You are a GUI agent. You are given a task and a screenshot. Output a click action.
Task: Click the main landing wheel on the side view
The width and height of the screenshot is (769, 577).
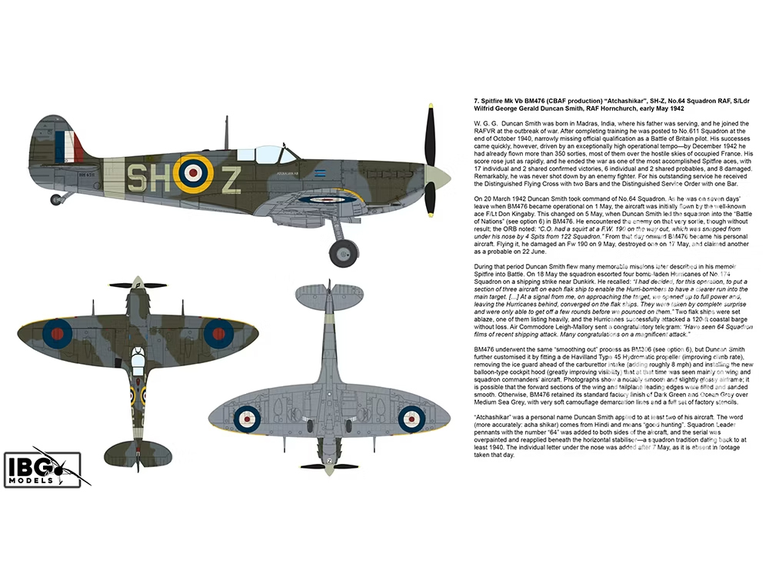click(x=343, y=252)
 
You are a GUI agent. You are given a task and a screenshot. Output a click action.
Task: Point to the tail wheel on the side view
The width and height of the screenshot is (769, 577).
click(x=56, y=199)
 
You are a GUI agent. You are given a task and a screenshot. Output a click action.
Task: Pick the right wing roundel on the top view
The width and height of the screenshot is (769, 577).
click(x=218, y=332)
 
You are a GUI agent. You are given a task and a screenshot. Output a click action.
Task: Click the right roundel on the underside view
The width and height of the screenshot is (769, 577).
click(x=411, y=419)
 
